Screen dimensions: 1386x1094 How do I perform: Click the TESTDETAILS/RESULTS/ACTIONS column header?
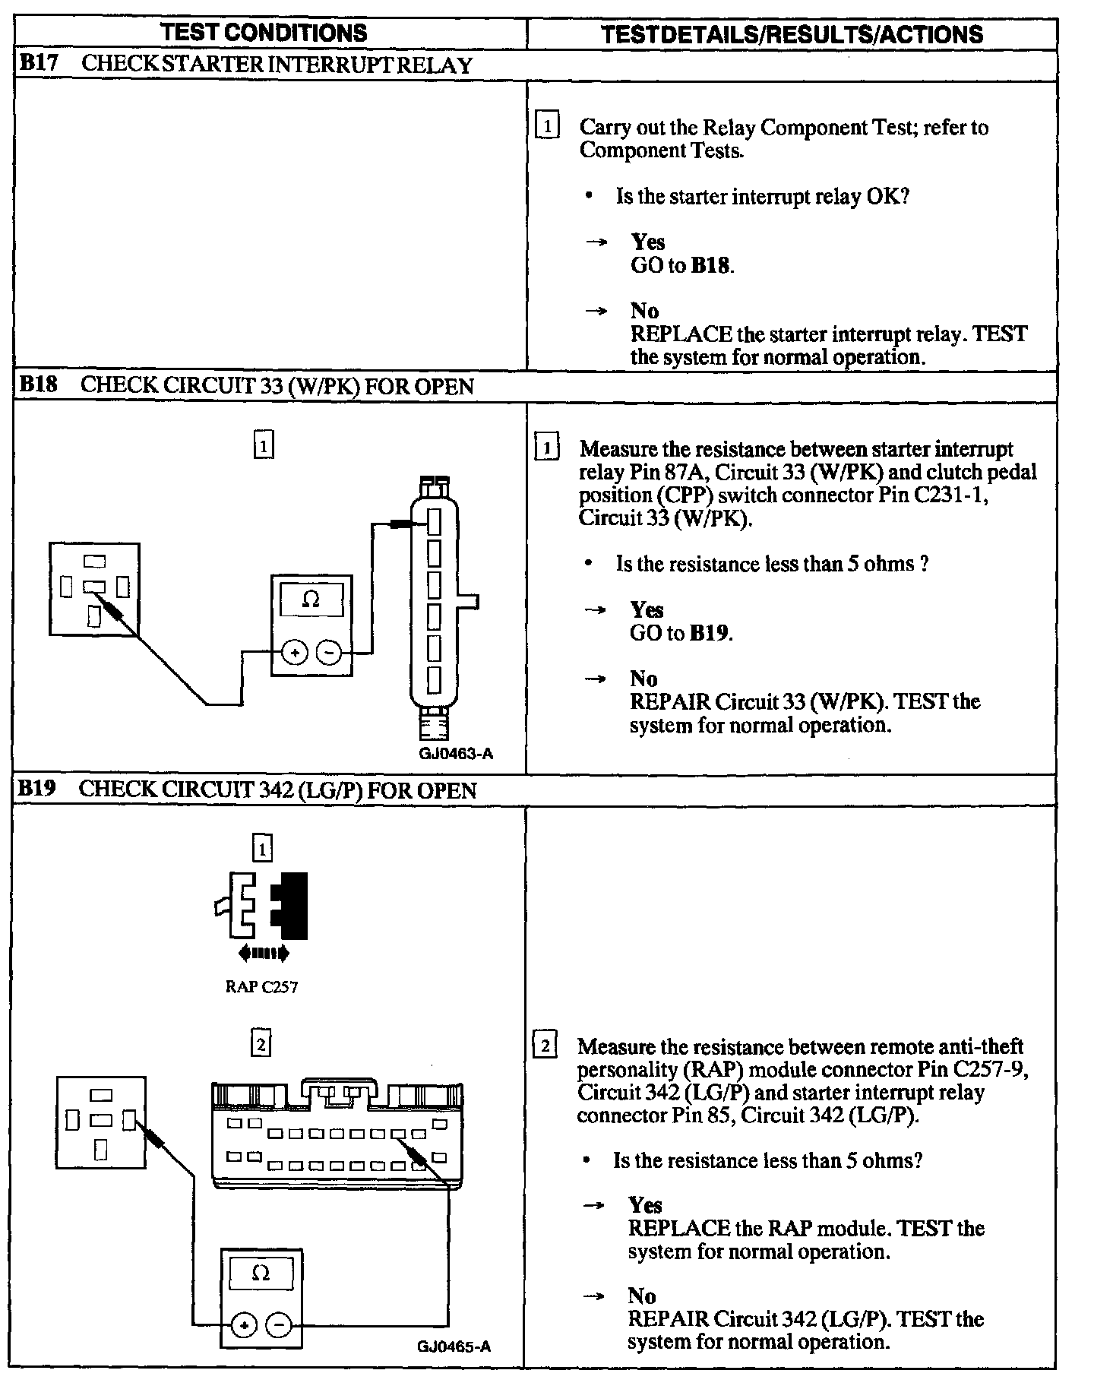(x=792, y=34)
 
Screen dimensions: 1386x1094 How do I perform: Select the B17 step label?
(x=38, y=63)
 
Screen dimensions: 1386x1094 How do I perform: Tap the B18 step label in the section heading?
(x=38, y=384)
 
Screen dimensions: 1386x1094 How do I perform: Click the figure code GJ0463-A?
(x=456, y=754)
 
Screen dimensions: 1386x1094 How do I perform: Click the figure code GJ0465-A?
(x=454, y=1346)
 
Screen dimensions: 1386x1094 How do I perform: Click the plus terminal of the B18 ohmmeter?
(x=295, y=653)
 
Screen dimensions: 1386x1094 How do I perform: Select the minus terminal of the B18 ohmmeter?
(x=329, y=653)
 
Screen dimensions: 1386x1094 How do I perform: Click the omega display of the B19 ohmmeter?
(x=261, y=1273)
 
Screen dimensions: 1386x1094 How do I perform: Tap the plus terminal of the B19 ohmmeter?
(x=244, y=1325)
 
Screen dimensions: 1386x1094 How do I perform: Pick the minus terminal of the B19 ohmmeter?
(x=280, y=1325)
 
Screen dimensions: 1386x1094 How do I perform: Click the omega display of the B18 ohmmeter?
(x=311, y=600)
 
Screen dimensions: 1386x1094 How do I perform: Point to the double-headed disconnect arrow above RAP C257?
(x=263, y=952)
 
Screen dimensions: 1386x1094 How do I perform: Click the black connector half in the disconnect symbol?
(x=292, y=905)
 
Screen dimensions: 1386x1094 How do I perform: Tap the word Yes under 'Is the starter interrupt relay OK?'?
(x=647, y=242)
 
